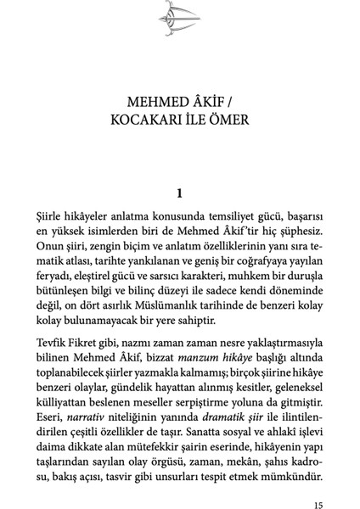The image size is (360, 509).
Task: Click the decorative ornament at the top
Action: tap(180, 18)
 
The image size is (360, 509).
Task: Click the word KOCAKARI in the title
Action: tap(144, 120)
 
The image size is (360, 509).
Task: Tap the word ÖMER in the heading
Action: tap(224, 120)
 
